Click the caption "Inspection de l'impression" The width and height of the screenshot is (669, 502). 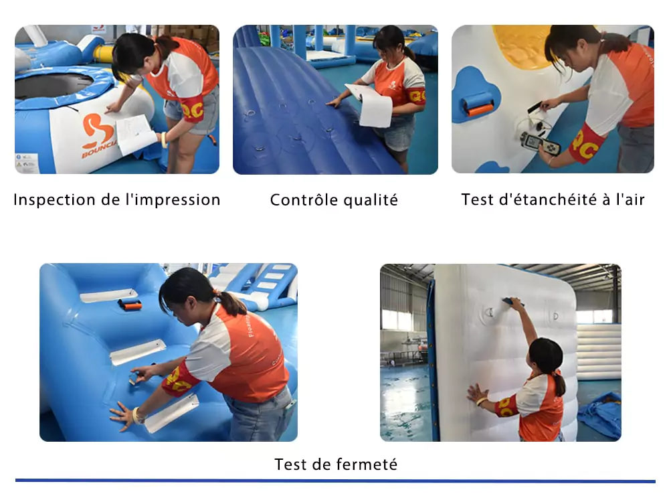[x=117, y=199]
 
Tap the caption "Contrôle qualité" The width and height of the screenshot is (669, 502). [x=334, y=199]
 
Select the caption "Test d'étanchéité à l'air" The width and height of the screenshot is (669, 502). [x=553, y=199]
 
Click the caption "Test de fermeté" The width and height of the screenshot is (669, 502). [x=336, y=465]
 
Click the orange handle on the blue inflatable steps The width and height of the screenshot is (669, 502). [x=130, y=305]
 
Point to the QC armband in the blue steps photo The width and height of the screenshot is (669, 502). [x=179, y=380]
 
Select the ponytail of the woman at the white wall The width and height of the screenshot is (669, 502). [x=559, y=384]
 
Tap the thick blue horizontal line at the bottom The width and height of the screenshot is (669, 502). [x=335, y=481]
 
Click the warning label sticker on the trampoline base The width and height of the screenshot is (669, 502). [x=27, y=163]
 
